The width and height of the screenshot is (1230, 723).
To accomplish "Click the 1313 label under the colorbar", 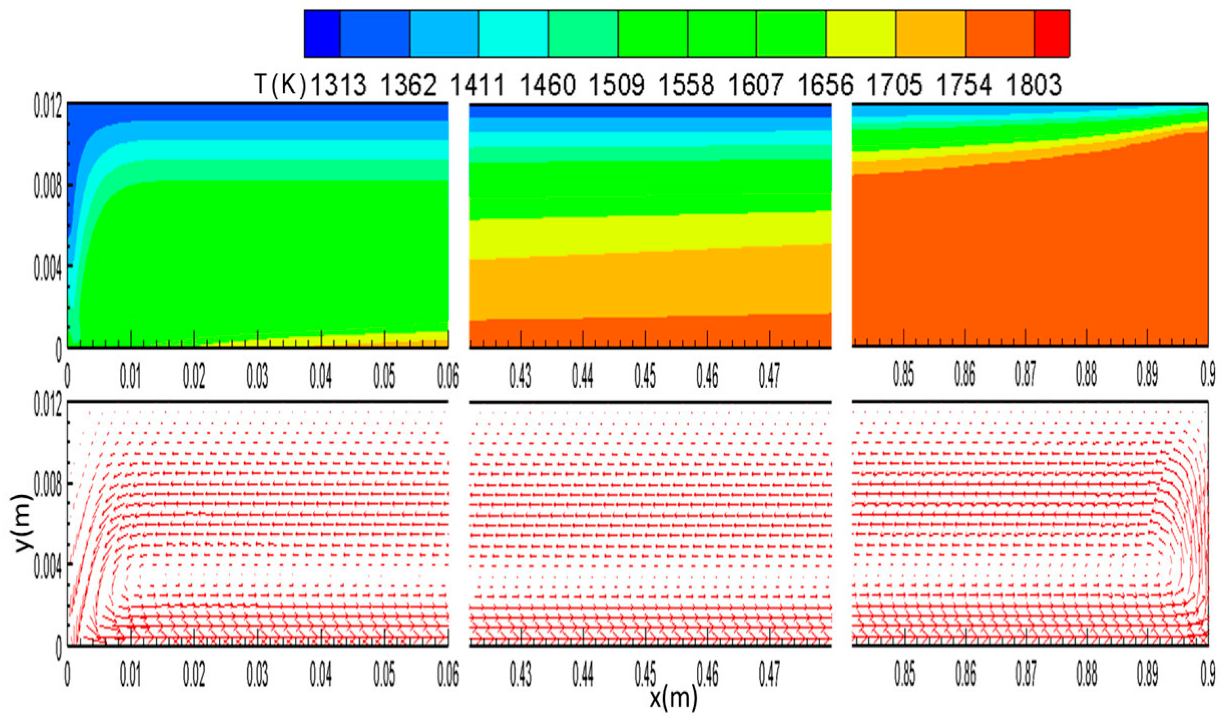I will (x=338, y=85).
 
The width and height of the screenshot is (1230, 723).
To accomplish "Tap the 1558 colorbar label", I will (x=686, y=85).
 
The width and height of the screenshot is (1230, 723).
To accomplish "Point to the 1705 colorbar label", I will (x=894, y=85).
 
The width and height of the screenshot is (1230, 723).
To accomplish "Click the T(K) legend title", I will (x=280, y=85).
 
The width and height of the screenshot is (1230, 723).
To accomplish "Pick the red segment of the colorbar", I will (x=1052, y=33).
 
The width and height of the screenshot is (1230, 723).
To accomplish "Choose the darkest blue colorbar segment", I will (x=322, y=33).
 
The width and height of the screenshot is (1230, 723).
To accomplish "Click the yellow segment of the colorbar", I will (x=860, y=33).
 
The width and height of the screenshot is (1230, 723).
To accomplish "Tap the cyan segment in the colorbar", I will (x=513, y=33).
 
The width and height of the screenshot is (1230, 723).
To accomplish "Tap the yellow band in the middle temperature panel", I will (x=649, y=237).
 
